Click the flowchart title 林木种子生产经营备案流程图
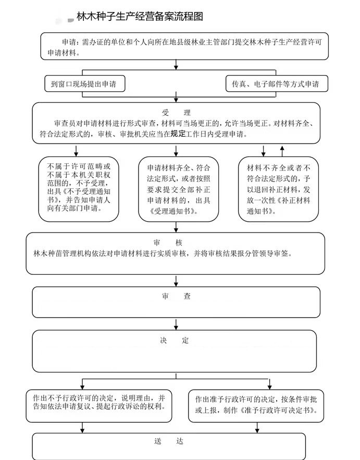tap(139, 17)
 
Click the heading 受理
tap(177, 113)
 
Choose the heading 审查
tap(176, 296)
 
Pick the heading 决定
tap(175, 341)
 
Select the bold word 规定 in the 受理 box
tap(178, 134)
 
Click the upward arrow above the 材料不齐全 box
tap(282, 151)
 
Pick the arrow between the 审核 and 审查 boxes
tap(176, 280)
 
